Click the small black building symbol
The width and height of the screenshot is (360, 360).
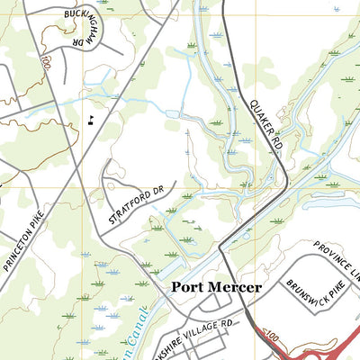click(92, 118)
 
